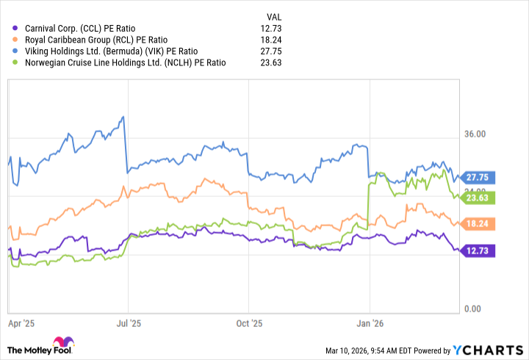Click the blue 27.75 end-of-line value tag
(x=481, y=177)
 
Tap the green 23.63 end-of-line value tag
(x=481, y=197)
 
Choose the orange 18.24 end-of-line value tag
(x=481, y=223)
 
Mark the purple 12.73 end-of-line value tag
(x=481, y=251)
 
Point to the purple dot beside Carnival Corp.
(x=16, y=28)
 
